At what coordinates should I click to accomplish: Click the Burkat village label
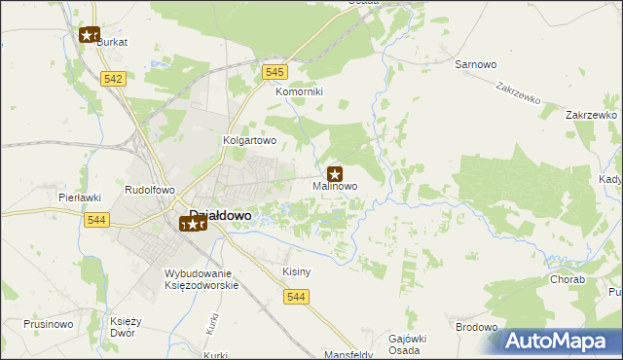(x=112, y=43)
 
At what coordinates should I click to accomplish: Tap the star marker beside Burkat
(x=90, y=35)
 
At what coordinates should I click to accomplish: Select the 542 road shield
(x=113, y=79)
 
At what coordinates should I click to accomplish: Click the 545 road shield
(x=275, y=72)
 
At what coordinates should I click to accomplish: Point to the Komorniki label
(x=299, y=91)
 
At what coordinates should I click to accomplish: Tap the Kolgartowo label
(x=251, y=140)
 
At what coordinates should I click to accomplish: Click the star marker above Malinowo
(x=334, y=173)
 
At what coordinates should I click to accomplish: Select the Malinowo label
(x=335, y=186)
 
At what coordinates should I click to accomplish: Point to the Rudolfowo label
(x=149, y=190)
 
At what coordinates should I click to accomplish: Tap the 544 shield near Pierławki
(x=95, y=220)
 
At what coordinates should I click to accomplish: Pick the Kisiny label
(x=296, y=271)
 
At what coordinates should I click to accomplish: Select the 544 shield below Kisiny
(x=298, y=297)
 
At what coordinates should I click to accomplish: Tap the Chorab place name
(x=568, y=279)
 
